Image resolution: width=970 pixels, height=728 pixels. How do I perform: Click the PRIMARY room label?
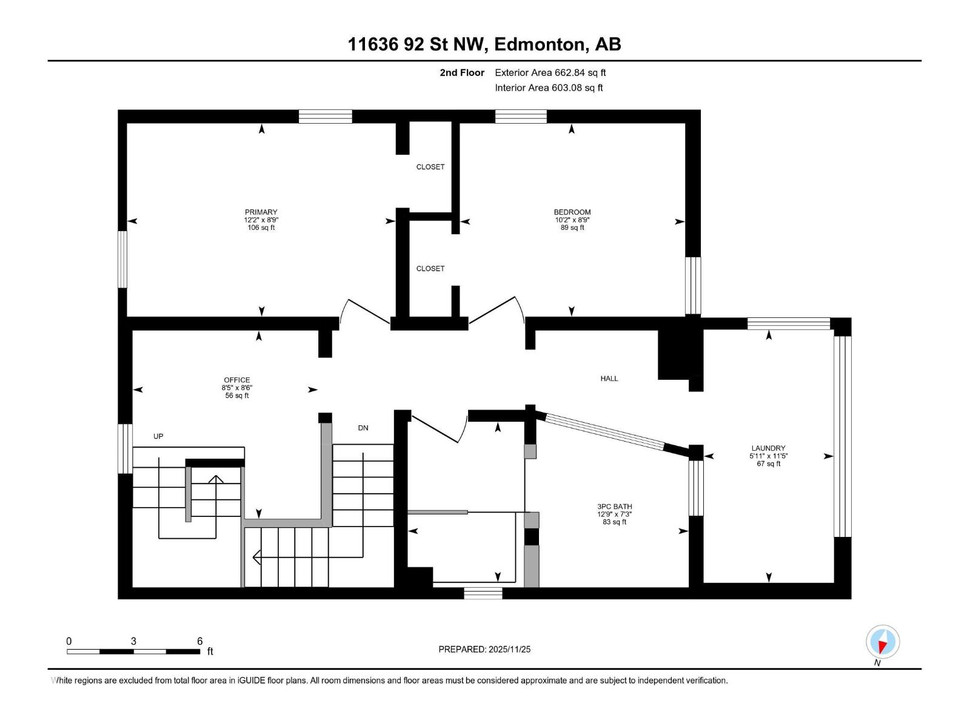click(261, 212)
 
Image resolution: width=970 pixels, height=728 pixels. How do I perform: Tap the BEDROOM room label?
click(572, 212)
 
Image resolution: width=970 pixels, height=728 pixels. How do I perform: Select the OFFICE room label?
click(237, 380)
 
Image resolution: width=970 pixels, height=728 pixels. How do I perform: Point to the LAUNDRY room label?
click(769, 448)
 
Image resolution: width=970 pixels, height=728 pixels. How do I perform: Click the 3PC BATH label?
click(614, 507)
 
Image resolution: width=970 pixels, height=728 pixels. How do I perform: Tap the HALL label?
click(609, 379)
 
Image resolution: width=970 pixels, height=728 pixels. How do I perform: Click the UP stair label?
click(158, 436)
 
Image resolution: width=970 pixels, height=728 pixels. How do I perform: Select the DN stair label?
click(363, 428)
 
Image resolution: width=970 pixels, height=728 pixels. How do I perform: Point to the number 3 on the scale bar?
click(133, 641)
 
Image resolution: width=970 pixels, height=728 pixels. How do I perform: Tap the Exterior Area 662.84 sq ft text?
click(550, 72)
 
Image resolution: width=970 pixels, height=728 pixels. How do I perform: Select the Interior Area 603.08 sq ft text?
click(549, 87)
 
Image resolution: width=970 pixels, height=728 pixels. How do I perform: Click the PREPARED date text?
click(484, 649)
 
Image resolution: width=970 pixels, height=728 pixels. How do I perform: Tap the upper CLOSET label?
click(430, 167)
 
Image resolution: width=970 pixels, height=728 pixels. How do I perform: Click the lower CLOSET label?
click(430, 268)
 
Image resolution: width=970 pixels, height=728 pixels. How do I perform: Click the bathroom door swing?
click(440, 427)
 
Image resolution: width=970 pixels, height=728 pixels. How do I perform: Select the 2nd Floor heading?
click(462, 72)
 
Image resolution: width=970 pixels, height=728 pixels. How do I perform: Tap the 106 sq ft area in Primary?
click(261, 227)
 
